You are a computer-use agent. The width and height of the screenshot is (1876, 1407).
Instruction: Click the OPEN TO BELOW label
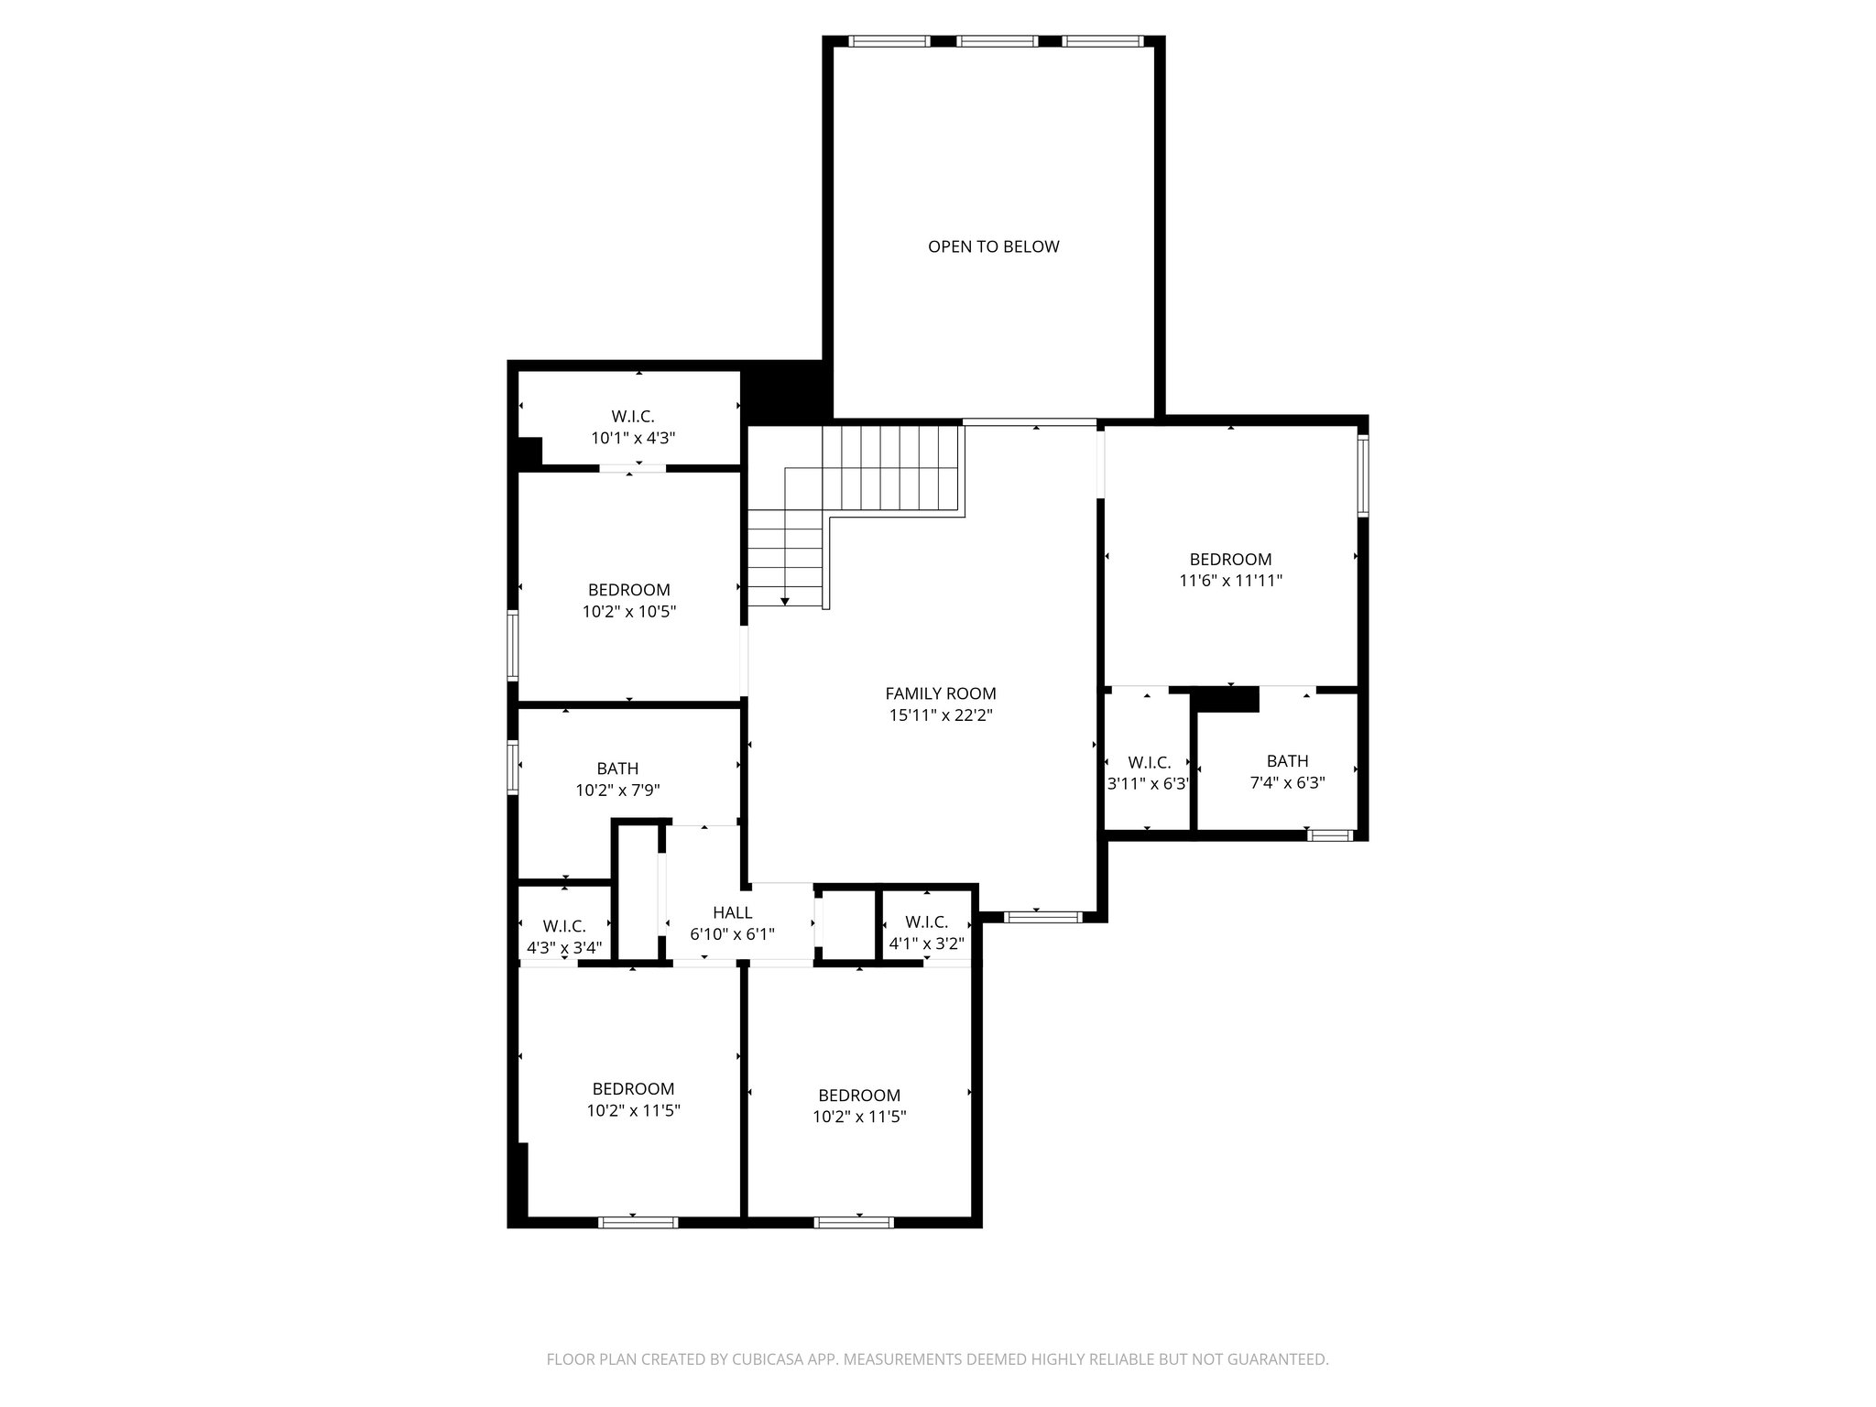[x=993, y=246]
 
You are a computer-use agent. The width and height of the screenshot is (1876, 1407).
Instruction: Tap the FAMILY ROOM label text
[x=940, y=693]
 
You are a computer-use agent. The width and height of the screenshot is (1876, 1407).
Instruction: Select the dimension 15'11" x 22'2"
[x=940, y=715]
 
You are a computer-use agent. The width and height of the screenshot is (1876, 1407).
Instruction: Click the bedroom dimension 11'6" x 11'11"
[x=1230, y=581]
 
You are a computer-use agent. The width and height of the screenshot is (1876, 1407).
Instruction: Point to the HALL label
[x=732, y=912]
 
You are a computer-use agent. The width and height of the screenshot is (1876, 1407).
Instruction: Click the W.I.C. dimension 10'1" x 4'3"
[x=633, y=438]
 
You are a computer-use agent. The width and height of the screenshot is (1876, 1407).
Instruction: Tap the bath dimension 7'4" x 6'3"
[x=1287, y=783]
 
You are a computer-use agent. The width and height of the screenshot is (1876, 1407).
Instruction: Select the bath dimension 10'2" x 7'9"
[x=617, y=791]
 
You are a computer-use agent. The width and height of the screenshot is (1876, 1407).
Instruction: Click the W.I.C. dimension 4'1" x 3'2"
[x=926, y=943]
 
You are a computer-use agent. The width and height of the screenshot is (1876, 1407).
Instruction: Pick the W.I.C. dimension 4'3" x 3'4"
[x=563, y=948]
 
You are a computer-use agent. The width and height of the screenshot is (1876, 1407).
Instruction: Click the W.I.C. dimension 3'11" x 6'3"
[x=1149, y=784]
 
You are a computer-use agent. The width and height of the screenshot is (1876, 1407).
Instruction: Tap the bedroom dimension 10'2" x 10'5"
[x=628, y=612]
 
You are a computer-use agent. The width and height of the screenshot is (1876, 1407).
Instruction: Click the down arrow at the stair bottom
[x=785, y=601]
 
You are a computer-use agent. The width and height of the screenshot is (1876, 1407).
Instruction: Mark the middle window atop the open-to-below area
[x=997, y=41]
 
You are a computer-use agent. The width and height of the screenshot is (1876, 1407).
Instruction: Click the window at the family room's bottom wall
[x=1042, y=916]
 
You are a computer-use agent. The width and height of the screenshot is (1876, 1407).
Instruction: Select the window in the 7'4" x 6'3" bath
[x=1330, y=834]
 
